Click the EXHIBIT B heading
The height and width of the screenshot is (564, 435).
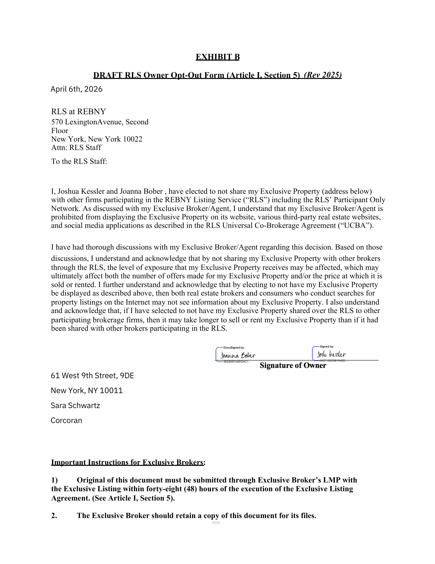tap(218, 57)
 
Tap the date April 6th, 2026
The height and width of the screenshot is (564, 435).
tap(76, 89)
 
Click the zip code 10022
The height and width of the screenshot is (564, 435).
tap(133, 139)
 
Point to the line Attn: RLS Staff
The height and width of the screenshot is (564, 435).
tap(76, 147)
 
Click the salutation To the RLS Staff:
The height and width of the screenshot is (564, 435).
tap(79, 161)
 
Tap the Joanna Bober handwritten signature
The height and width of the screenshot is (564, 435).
tap(238, 356)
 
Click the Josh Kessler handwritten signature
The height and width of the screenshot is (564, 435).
tap(331, 354)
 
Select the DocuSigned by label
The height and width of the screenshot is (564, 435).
tap(234, 348)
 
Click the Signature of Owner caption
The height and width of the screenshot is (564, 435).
tap(293, 365)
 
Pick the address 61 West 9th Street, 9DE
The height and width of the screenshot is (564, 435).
tap(92, 376)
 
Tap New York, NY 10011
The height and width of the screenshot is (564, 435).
tap(87, 391)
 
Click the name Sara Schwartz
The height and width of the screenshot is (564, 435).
tap(75, 406)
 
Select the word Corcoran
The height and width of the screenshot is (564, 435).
tap(66, 420)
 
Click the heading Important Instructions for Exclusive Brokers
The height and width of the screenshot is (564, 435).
tap(127, 462)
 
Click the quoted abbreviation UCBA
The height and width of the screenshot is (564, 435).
tap(355, 226)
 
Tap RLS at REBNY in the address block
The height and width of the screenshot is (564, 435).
tap(79, 112)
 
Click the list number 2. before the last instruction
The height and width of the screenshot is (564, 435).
tap(54, 515)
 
